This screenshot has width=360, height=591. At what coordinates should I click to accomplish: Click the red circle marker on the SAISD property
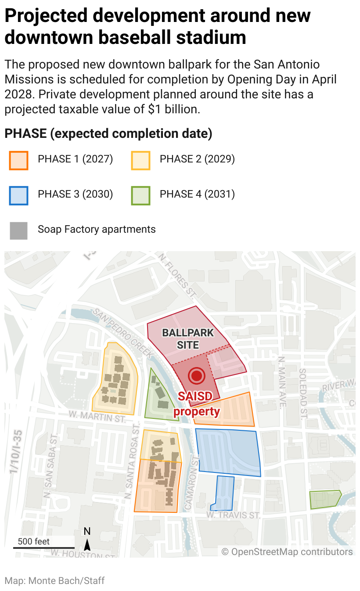[x=197, y=376]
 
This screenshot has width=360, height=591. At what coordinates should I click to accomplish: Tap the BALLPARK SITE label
[x=188, y=339]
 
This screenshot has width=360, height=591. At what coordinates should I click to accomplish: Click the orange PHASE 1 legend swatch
[x=18, y=160]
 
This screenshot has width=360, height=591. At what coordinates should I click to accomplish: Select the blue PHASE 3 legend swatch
[x=18, y=195]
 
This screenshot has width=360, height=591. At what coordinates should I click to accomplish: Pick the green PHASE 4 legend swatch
[x=140, y=195]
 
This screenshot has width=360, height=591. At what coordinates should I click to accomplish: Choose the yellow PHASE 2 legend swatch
[x=140, y=160]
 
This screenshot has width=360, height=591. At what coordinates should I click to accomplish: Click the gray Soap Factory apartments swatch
[x=18, y=231]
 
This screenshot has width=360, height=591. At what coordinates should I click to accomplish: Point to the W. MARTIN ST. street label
[x=97, y=416]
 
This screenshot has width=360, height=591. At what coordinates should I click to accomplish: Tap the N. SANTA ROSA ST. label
[x=129, y=466]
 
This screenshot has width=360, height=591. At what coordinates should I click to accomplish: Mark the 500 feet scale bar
[x=43, y=547]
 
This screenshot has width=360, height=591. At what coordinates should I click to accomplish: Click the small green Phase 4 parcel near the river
[x=325, y=500]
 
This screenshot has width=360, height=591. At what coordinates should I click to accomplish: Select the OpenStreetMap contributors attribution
[x=287, y=551]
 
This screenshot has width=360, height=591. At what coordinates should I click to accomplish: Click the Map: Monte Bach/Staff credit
[x=55, y=581]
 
